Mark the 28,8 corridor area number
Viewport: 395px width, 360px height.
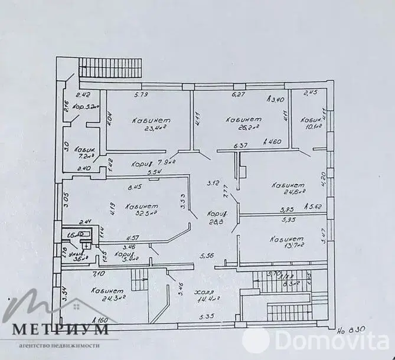[x=213, y=224]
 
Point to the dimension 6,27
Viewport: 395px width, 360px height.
[x=238, y=94]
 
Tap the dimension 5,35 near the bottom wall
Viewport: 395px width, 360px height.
[x=205, y=318]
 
